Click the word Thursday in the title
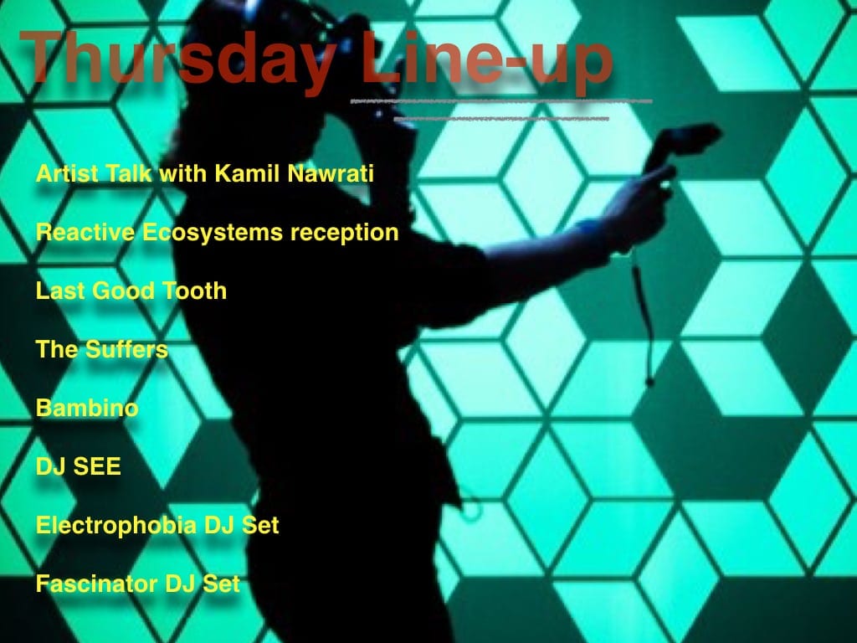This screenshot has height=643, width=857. click(x=178, y=59)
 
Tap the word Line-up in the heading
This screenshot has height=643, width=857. click(x=485, y=59)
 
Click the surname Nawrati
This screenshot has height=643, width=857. click(x=331, y=173)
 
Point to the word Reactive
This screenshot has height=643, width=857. click(x=85, y=232)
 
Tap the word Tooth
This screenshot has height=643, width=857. click(x=195, y=291)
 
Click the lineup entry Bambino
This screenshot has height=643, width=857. click(x=87, y=408)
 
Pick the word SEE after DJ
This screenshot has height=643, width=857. click(x=97, y=466)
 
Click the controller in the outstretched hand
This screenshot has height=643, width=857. click(x=681, y=145)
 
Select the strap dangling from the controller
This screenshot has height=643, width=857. click(x=643, y=317)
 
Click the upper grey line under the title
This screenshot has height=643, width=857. click(x=501, y=101)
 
